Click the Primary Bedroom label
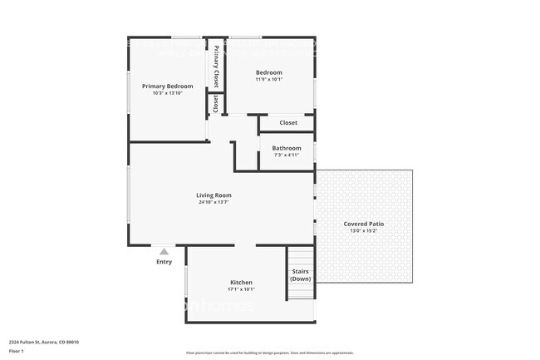pyautogui.click(x=167, y=86)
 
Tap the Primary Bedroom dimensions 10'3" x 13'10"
pyautogui.click(x=167, y=93)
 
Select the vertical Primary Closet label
pyautogui.click(x=216, y=67)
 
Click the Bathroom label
pyautogui.click(x=286, y=148)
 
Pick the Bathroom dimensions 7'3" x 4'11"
pyautogui.click(x=286, y=155)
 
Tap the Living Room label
pyautogui.click(x=214, y=195)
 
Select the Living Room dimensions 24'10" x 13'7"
pyautogui.click(x=214, y=202)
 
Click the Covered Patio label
pyautogui.click(x=363, y=224)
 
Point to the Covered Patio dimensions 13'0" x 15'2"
pyautogui.click(x=363, y=230)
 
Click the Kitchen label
pyautogui.click(x=241, y=283)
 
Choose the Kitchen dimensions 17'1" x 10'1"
pyautogui.click(x=241, y=289)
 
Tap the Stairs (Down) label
pyautogui.click(x=300, y=274)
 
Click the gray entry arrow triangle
pyautogui.click(x=164, y=251)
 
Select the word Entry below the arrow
pyautogui.click(x=164, y=262)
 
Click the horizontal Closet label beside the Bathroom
pyautogui.click(x=287, y=123)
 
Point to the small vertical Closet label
pyautogui.click(x=216, y=104)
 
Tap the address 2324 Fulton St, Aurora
pyautogui.click(x=42, y=342)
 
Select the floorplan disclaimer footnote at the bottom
pyautogui.click(x=269, y=353)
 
